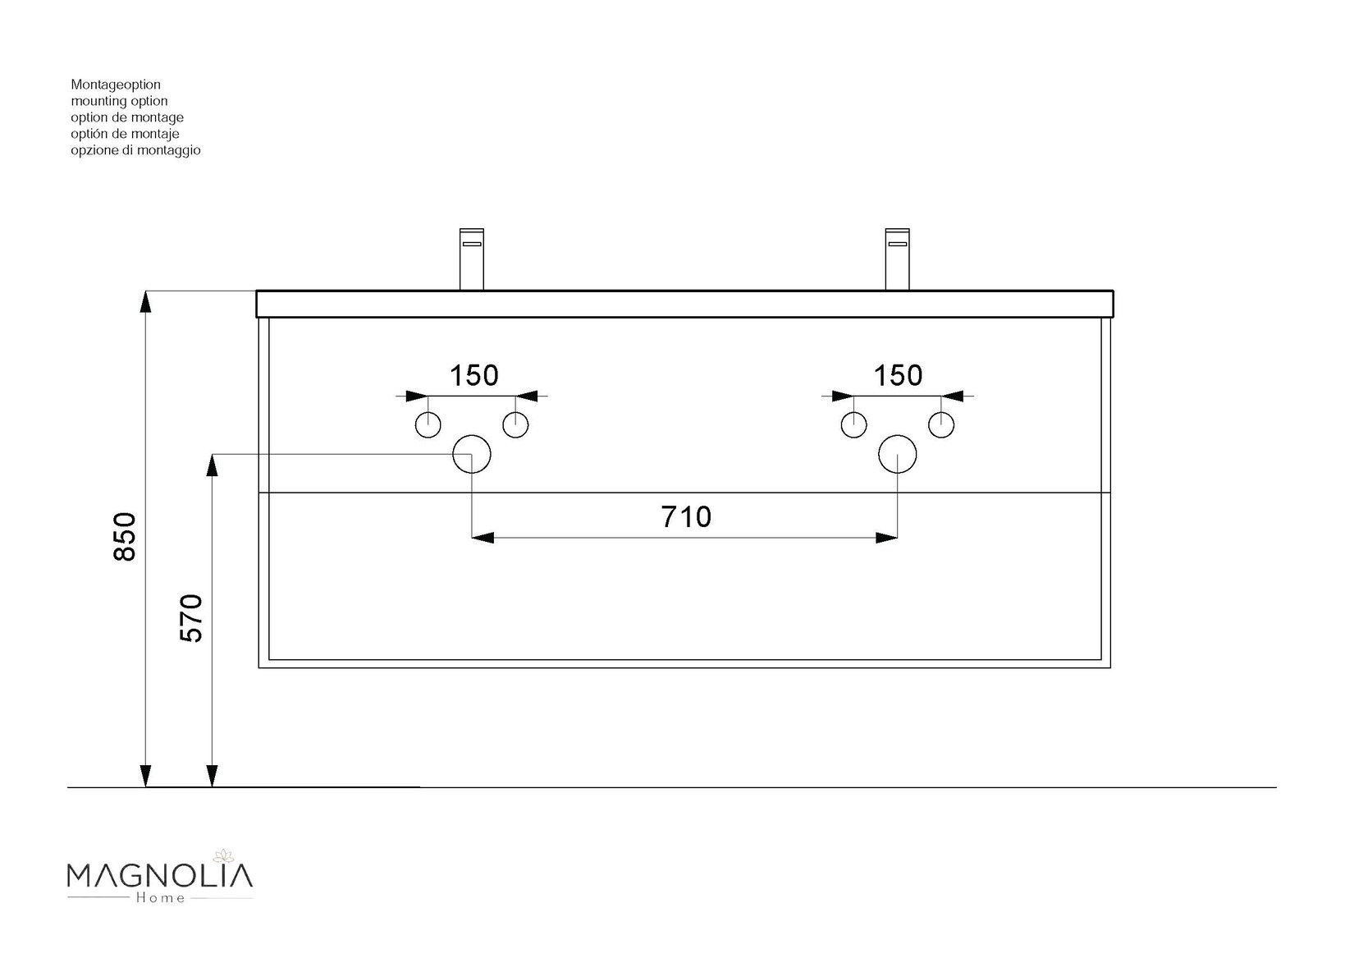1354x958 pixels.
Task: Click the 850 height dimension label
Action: click(125, 537)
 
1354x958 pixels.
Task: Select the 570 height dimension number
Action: click(190, 617)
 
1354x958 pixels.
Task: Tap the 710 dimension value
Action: click(686, 516)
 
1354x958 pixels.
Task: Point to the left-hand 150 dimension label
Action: click(474, 375)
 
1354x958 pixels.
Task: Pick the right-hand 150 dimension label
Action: click(899, 375)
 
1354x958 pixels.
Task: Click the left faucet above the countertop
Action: click(472, 259)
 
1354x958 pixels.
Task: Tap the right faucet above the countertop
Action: click(897, 259)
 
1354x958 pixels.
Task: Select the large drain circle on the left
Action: click(472, 455)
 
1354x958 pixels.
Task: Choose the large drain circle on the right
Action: click(897, 455)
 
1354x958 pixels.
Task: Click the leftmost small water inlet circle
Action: click(428, 425)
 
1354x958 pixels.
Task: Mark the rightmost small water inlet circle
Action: click(941, 425)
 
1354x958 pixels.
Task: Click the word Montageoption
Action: click(116, 85)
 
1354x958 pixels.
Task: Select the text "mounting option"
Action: click(119, 101)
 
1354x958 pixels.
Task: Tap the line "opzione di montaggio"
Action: click(135, 150)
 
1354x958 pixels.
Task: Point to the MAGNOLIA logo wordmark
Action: click(159, 876)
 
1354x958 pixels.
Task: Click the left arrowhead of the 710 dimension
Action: click(483, 538)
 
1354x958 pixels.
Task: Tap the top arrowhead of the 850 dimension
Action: click(145, 301)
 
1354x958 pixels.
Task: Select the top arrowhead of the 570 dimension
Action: click(212, 465)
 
